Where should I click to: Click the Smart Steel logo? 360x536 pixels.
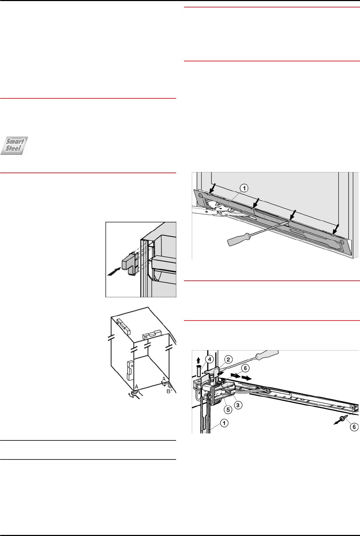tap(14, 146)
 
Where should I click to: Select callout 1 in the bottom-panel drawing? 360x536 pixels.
tap(244, 188)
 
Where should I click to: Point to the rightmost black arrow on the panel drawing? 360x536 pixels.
tap(336, 229)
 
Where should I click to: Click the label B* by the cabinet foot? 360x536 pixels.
tap(169, 391)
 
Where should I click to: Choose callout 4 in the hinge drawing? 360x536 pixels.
tap(209, 359)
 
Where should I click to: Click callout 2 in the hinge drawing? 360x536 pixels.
tap(228, 359)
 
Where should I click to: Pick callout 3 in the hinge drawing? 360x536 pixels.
tap(238, 405)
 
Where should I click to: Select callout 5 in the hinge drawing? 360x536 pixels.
tap(228, 410)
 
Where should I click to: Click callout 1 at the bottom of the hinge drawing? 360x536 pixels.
tap(224, 423)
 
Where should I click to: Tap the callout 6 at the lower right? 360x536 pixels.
tap(354, 427)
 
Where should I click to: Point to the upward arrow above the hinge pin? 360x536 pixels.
tap(198, 360)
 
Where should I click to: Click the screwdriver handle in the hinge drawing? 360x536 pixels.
tap(267, 355)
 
